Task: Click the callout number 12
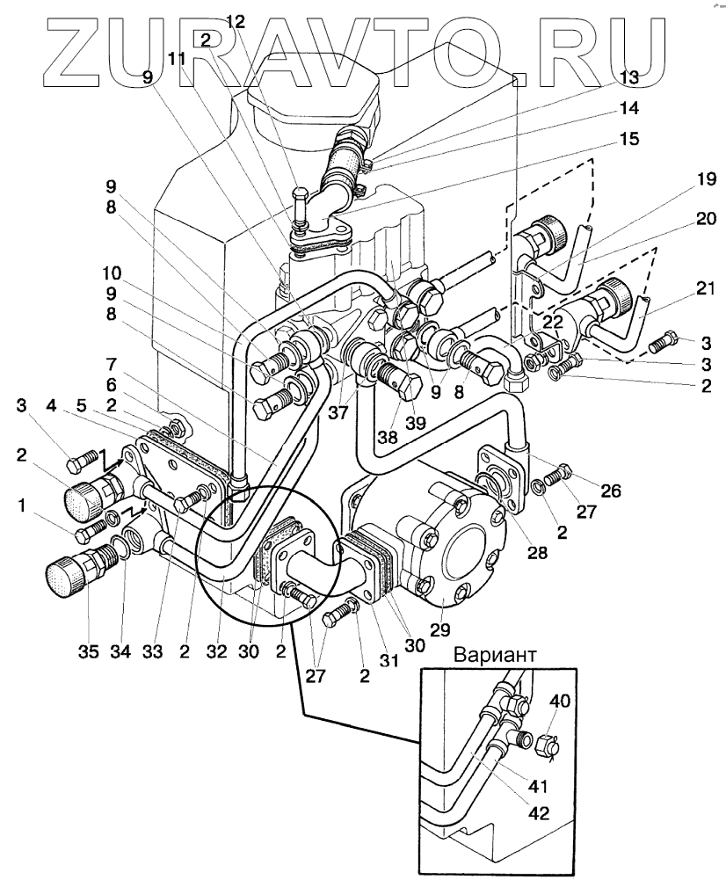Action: (x=234, y=21)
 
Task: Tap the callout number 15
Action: (x=628, y=140)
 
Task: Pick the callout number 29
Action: (x=439, y=629)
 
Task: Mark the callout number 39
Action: (x=414, y=422)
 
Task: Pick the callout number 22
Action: (x=552, y=322)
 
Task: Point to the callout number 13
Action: (x=628, y=77)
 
